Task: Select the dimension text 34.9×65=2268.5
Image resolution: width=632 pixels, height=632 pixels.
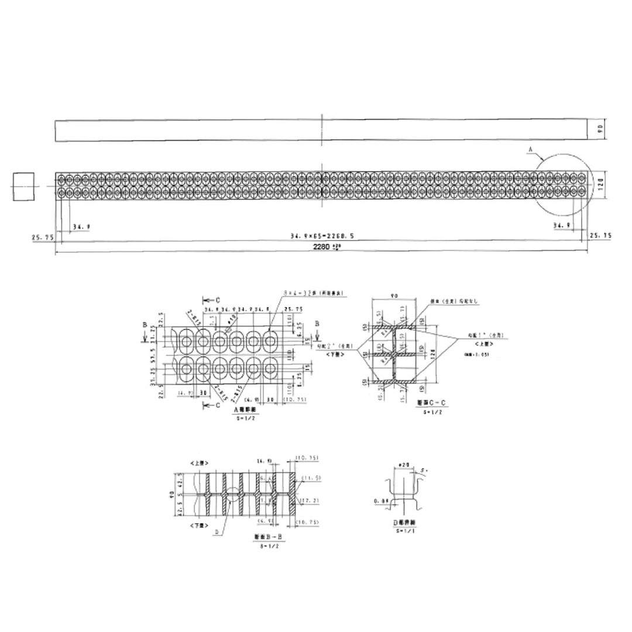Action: [321, 235]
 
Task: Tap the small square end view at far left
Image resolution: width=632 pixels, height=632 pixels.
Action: [23, 186]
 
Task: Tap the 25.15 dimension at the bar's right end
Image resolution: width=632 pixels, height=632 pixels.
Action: [601, 235]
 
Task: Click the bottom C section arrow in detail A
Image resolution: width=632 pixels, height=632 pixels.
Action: [209, 404]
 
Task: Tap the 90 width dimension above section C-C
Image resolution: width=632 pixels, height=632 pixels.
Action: [395, 297]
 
